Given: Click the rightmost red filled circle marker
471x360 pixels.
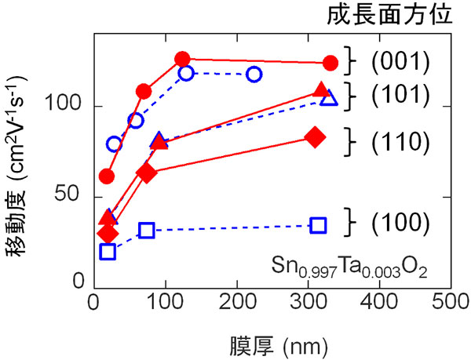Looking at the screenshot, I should [x=330, y=63].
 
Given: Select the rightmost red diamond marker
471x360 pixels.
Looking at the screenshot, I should [x=316, y=137].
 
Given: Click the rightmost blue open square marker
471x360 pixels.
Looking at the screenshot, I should [x=318, y=225].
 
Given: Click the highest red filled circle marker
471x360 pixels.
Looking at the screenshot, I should [x=182, y=59].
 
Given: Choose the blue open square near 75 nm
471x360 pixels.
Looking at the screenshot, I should [x=146, y=231].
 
